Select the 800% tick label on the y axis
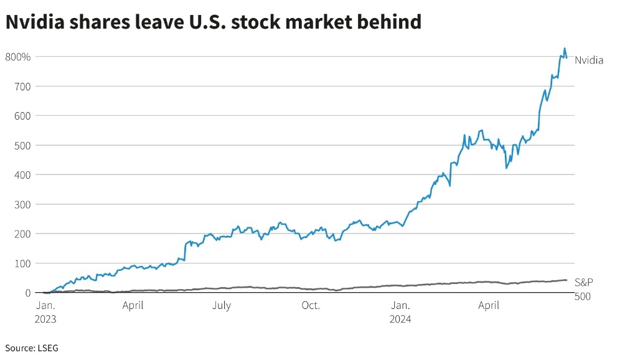pyautogui.click(x=17, y=57)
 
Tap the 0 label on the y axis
pyautogui.click(x=27, y=293)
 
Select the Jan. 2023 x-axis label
pyautogui.click(x=45, y=311)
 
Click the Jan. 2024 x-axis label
pyautogui.click(x=401, y=311)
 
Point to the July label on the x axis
pyautogui.click(x=222, y=305)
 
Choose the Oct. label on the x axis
pyautogui.click(x=311, y=305)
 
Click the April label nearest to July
pyautogui.click(x=133, y=305)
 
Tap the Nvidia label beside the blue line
pyautogui.click(x=589, y=60)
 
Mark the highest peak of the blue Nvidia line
pyautogui.click(x=565, y=48)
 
